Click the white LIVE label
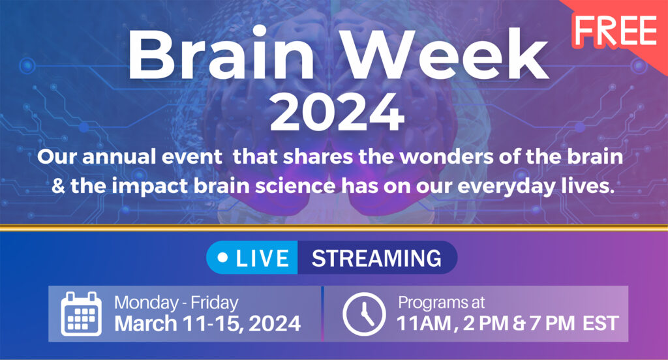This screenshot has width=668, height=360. coord(262,258)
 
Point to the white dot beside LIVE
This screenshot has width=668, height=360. coord(222,258)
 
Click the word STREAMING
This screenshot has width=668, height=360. coord(376,258)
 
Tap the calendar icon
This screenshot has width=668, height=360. coord(81,314)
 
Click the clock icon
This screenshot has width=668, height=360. coord(363,314)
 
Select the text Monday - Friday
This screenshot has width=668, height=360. coord(176,303)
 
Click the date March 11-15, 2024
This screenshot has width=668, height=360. coord(207,323)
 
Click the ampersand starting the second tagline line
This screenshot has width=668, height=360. coord(59,185)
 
